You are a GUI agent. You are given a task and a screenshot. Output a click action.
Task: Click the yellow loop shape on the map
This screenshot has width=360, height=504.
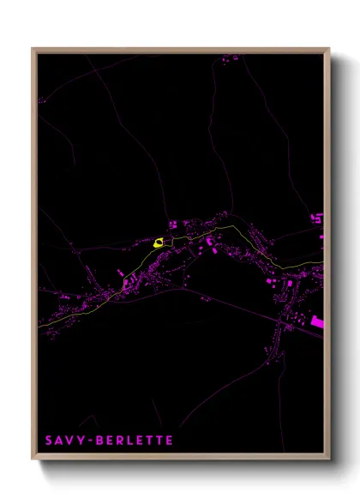point(159,243)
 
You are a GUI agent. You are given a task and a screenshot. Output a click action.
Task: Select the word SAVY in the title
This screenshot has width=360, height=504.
point(62,441)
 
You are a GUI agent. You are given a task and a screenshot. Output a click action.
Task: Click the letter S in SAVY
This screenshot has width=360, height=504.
point(48,441)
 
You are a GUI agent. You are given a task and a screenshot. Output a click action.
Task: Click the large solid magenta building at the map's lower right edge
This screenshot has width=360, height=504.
point(317,321)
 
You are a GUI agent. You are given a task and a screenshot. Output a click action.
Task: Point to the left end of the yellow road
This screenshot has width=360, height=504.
point(39,327)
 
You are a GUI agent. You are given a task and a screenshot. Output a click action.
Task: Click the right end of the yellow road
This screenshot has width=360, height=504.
point(323,261)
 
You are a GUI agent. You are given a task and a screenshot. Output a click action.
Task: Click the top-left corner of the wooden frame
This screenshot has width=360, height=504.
point(33,49)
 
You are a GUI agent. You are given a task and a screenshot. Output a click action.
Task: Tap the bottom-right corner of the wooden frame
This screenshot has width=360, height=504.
point(329,459)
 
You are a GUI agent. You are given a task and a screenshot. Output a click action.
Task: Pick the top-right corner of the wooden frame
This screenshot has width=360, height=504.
point(329,49)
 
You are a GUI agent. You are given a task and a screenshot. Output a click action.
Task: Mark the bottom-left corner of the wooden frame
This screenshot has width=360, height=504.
point(33,459)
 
